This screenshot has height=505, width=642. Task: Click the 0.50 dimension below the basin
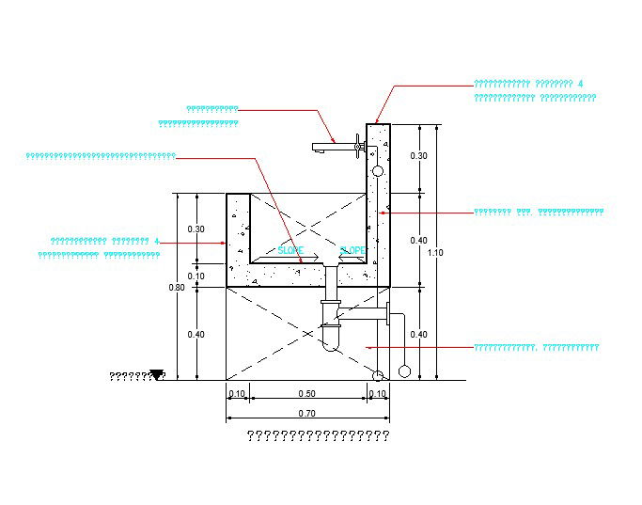(x=306, y=394)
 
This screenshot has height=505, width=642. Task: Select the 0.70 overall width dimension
(x=307, y=414)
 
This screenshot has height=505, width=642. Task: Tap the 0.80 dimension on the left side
(x=177, y=287)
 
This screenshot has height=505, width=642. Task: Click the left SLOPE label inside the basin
(x=290, y=251)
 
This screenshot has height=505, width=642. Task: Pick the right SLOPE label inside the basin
(x=352, y=251)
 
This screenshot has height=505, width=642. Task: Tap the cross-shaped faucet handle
(x=358, y=145)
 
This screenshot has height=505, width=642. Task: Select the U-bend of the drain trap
(x=330, y=343)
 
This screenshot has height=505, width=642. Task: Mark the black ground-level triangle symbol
(x=157, y=375)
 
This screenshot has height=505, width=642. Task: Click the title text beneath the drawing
(x=318, y=435)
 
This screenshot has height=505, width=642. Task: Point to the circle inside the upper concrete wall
(x=377, y=171)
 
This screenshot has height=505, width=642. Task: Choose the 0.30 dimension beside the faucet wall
(x=418, y=156)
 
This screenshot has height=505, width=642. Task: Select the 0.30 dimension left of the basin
(x=196, y=229)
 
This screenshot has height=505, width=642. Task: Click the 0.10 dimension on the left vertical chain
(x=196, y=276)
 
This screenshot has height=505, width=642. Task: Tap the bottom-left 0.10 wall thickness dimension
(x=236, y=394)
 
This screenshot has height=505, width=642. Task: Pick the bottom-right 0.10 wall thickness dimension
(x=377, y=394)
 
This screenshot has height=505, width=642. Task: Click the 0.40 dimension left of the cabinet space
(x=196, y=335)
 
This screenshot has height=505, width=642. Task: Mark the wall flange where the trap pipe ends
(x=387, y=314)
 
